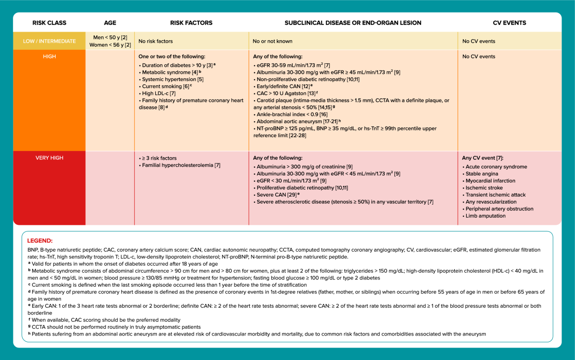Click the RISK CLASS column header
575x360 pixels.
click(x=49, y=23)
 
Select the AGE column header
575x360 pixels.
click(x=110, y=23)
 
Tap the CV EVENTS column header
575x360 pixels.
click(x=509, y=23)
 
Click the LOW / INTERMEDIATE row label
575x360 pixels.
click(x=49, y=41)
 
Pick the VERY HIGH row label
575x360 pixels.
click(x=49, y=158)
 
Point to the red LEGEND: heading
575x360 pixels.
click(x=40, y=241)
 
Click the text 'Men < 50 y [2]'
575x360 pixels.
click(x=110, y=37)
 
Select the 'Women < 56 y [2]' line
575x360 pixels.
click(x=110, y=45)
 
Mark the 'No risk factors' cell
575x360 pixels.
click(x=156, y=41)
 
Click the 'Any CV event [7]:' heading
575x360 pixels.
click(x=483, y=158)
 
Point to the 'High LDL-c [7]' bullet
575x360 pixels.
click(x=159, y=93)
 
